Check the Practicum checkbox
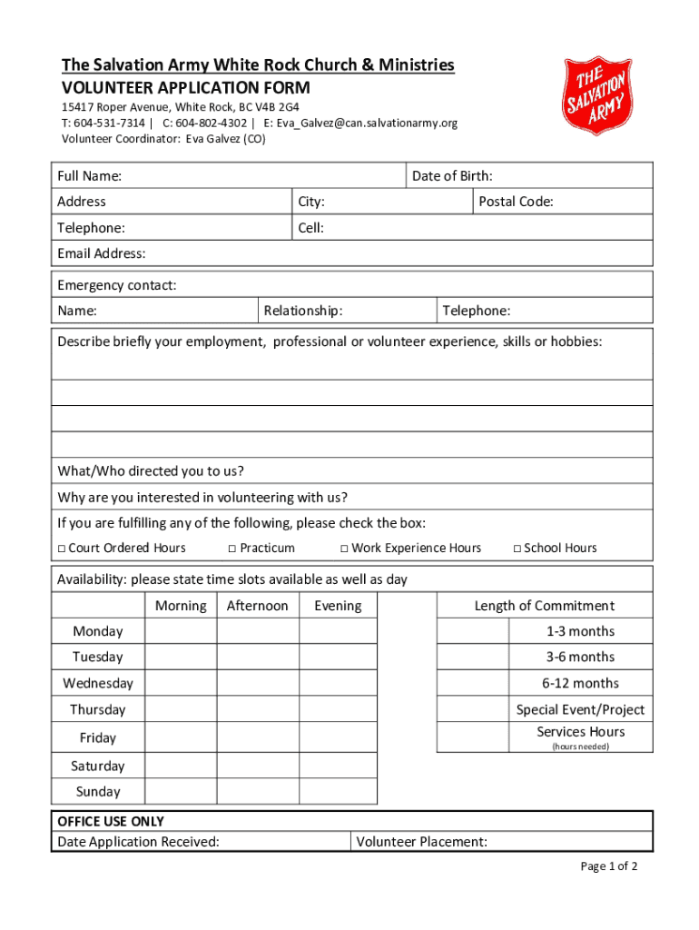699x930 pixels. [232, 549]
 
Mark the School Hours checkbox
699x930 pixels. [517, 549]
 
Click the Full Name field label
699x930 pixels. [90, 176]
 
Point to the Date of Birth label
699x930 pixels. [452, 176]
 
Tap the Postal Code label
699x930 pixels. [516, 202]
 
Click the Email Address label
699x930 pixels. [102, 253]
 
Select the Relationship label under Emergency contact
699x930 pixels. [303, 312]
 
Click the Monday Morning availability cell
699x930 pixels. [181, 631]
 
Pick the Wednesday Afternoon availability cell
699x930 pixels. [258, 683]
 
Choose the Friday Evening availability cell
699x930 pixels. [338, 737]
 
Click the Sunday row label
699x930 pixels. [98, 791]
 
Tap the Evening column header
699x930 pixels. [338, 606]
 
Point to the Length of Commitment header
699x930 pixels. [544, 606]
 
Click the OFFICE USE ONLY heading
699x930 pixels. [111, 821]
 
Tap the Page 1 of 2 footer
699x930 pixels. [609, 866]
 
